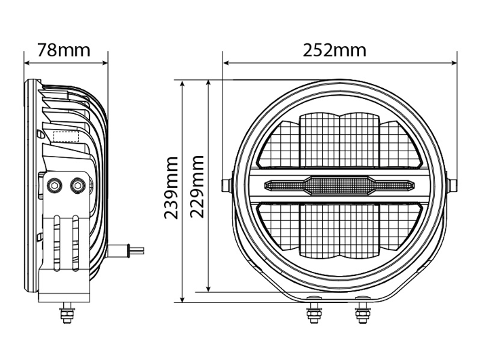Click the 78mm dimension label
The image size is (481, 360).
tap(64, 50)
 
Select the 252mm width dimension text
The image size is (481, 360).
tap(334, 50)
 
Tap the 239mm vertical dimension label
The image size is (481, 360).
tap(171, 188)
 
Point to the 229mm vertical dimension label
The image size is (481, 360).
tap(197, 186)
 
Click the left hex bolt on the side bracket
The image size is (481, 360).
tap(54, 185)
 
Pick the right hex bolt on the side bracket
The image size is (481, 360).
tap(77, 185)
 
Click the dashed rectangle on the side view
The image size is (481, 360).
tap(66, 136)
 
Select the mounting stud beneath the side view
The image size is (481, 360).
tap(67, 312)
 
